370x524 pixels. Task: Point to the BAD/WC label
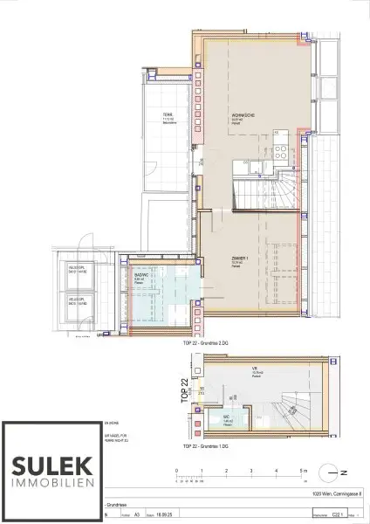point(138,278)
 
